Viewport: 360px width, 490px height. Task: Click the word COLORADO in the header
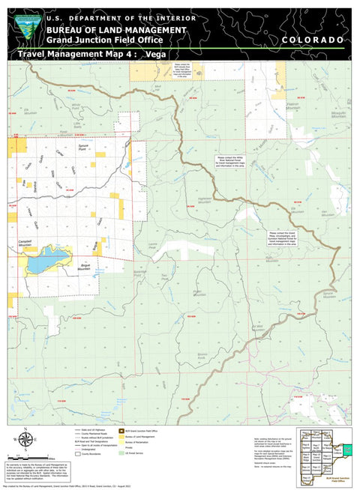click(x=313, y=39)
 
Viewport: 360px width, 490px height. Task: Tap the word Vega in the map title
click(x=156, y=54)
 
